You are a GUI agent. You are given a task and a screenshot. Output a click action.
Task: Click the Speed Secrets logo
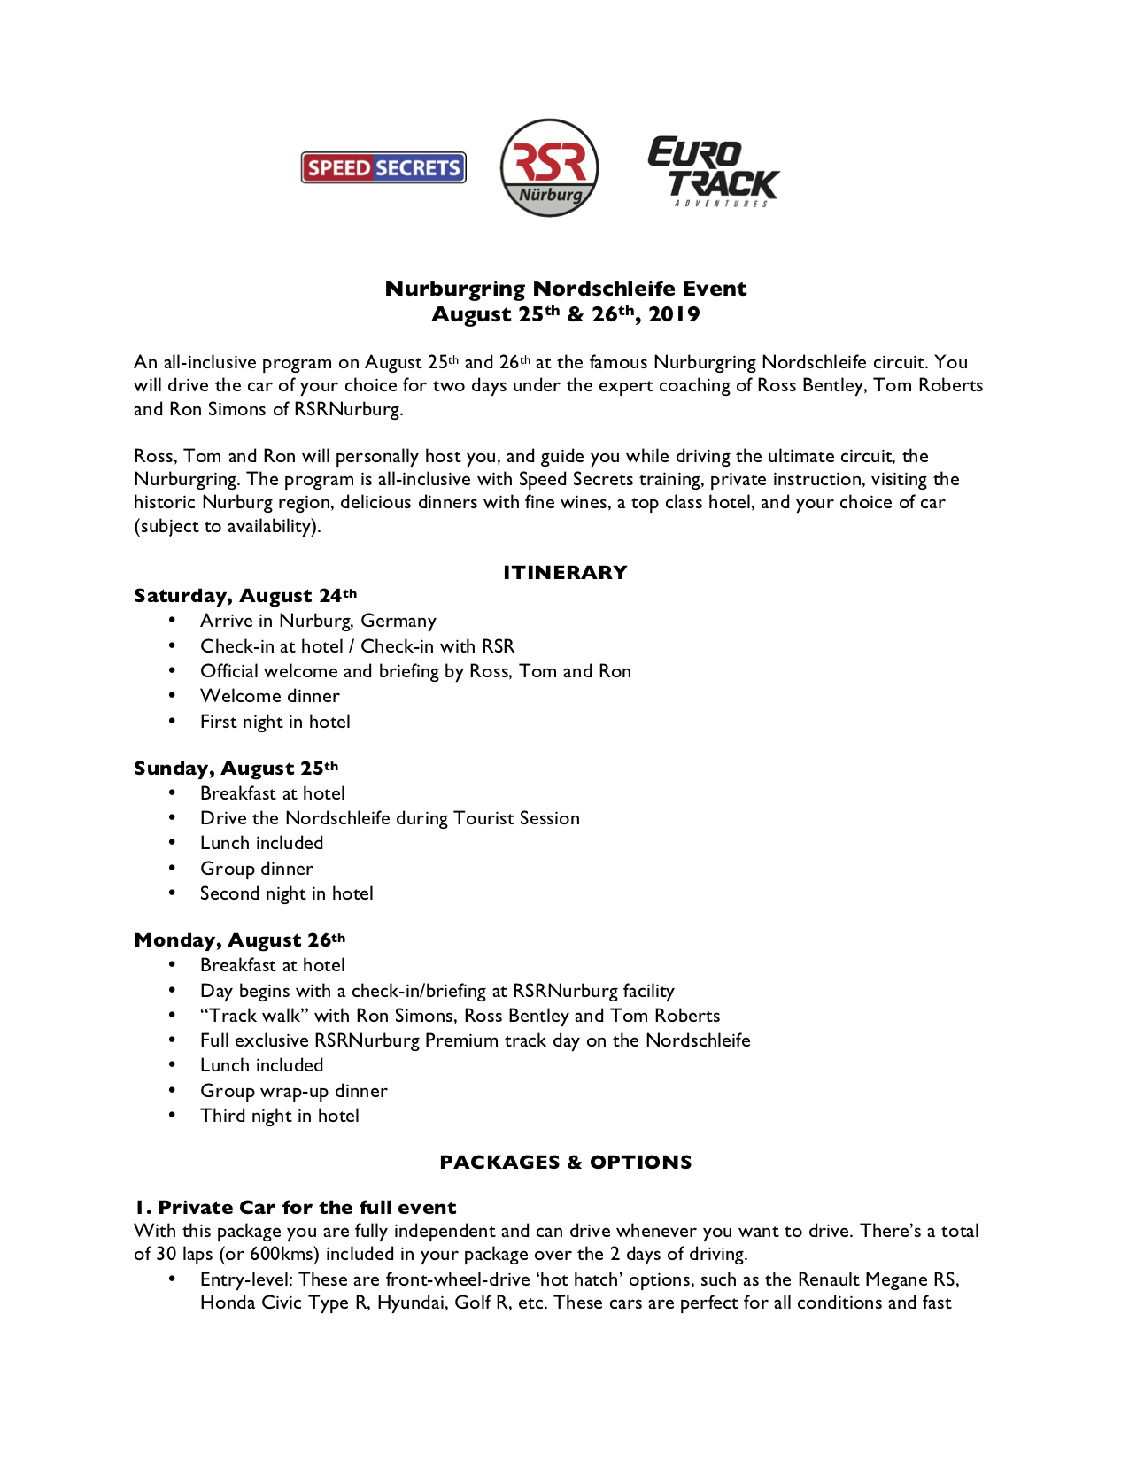(x=383, y=167)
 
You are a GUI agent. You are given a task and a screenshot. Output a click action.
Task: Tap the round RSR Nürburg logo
(x=549, y=167)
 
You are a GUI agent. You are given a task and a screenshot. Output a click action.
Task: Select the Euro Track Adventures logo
(x=713, y=172)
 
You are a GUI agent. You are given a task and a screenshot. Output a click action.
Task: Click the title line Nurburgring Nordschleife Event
(x=565, y=289)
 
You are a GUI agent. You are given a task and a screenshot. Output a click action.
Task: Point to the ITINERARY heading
(x=565, y=573)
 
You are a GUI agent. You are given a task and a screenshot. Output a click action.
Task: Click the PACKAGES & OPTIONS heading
(x=565, y=1163)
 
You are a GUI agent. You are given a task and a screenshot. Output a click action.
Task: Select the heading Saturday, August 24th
(x=245, y=596)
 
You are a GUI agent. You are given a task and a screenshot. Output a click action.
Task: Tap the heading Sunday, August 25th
(x=236, y=769)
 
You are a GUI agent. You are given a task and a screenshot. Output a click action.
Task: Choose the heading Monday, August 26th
(x=239, y=940)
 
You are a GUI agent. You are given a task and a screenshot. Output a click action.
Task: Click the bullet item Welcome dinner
(x=269, y=696)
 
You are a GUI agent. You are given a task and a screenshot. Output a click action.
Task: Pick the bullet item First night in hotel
(x=275, y=722)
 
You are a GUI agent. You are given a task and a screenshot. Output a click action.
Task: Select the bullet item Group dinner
(x=256, y=869)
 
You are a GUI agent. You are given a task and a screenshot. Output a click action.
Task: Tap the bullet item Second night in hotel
(x=286, y=893)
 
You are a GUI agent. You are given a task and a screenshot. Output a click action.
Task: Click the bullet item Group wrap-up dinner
(x=293, y=1091)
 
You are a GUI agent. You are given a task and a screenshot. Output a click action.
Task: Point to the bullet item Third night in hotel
(x=279, y=1116)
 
